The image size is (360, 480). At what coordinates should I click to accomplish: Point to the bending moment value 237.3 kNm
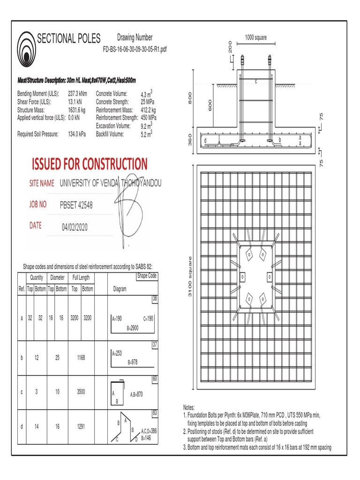(x=79, y=94)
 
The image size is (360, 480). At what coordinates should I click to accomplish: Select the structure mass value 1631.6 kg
(x=77, y=109)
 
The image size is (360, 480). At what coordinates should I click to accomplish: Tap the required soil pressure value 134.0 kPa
(x=77, y=134)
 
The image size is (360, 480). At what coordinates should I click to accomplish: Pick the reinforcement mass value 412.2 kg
(x=149, y=110)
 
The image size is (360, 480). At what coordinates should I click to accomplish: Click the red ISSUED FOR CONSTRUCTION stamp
(x=89, y=164)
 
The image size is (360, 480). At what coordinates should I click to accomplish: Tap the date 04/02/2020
(x=75, y=227)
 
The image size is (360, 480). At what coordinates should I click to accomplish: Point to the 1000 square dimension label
(x=255, y=37)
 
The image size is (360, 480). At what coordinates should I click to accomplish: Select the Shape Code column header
(x=146, y=276)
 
